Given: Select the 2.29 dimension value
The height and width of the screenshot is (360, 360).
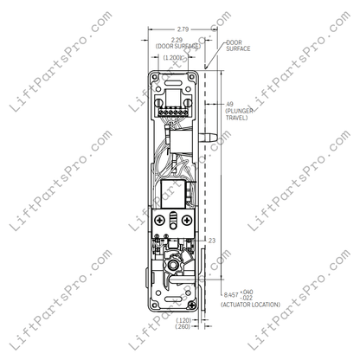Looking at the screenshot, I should click(177, 40).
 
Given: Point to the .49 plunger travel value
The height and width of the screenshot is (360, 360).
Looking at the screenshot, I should click(229, 105).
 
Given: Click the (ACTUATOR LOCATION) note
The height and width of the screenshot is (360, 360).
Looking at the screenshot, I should click(247, 305).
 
